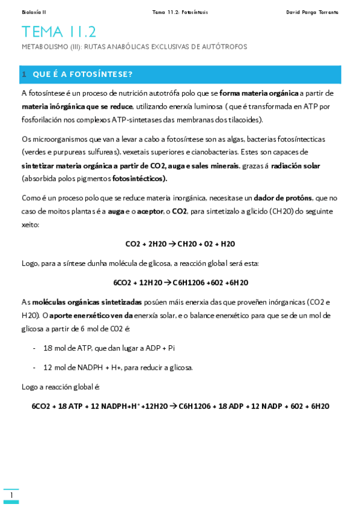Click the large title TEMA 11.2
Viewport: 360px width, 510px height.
[x=58, y=32]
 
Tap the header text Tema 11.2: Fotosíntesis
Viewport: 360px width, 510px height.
[x=180, y=12]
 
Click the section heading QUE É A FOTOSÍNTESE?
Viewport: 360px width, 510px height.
[x=83, y=75]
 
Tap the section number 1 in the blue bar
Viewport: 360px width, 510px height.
[x=24, y=75]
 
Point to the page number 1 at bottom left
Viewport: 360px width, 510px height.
[x=11, y=495]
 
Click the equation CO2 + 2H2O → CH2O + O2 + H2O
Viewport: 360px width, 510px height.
[x=180, y=244]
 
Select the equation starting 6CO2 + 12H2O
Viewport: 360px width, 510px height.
[x=180, y=283]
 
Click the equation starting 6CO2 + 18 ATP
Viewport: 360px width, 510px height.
[x=180, y=406]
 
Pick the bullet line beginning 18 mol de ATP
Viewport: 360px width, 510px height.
[x=109, y=348]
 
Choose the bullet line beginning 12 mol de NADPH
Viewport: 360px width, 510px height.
[x=118, y=367]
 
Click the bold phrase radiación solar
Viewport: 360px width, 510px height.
[x=296, y=165]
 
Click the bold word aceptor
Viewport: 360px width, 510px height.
[x=150, y=211]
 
